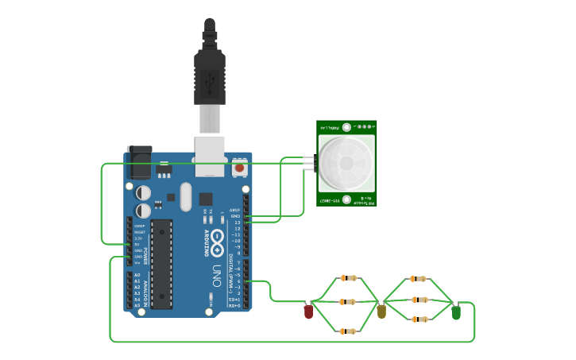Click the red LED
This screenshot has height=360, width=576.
(x=308, y=312)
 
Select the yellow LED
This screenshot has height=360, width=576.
(x=381, y=311)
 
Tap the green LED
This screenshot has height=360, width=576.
(x=456, y=312)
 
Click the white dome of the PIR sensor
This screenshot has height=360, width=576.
(x=346, y=162)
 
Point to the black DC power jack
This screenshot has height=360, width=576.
(x=139, y=162)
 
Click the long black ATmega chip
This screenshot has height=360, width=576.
(x=162, y=263)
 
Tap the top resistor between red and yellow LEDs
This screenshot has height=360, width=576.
(x=348, y=278)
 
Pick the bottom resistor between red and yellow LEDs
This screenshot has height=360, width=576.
(x=348, y=331)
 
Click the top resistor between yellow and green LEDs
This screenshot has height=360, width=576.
(x=418, y=279)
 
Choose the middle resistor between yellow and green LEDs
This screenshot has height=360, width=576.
(x=418, y=300)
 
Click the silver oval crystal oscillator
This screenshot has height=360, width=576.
(x=186, y=196)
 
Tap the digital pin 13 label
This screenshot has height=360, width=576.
(x=236, y=223)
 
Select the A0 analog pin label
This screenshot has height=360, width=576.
(x=137, y=275)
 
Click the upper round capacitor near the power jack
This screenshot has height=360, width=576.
(x=143, y=192)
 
